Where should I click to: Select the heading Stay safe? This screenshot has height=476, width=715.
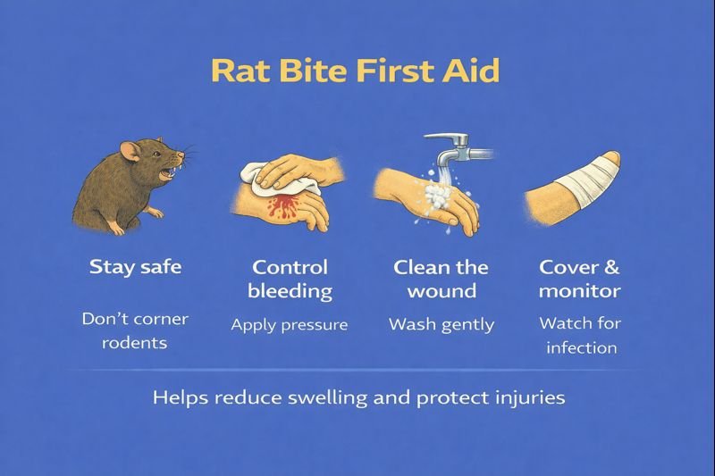click(135, 267)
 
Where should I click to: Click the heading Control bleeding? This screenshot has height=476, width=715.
click(290, 279)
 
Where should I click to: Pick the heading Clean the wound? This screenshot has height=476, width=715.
click(442, 279)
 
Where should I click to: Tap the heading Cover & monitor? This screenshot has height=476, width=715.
click(579, 279)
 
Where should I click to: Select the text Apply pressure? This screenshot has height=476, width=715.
click(290, 324)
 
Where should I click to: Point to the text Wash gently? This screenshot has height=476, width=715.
click(442, 324)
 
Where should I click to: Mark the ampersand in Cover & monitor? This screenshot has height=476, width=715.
click(611, 267)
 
